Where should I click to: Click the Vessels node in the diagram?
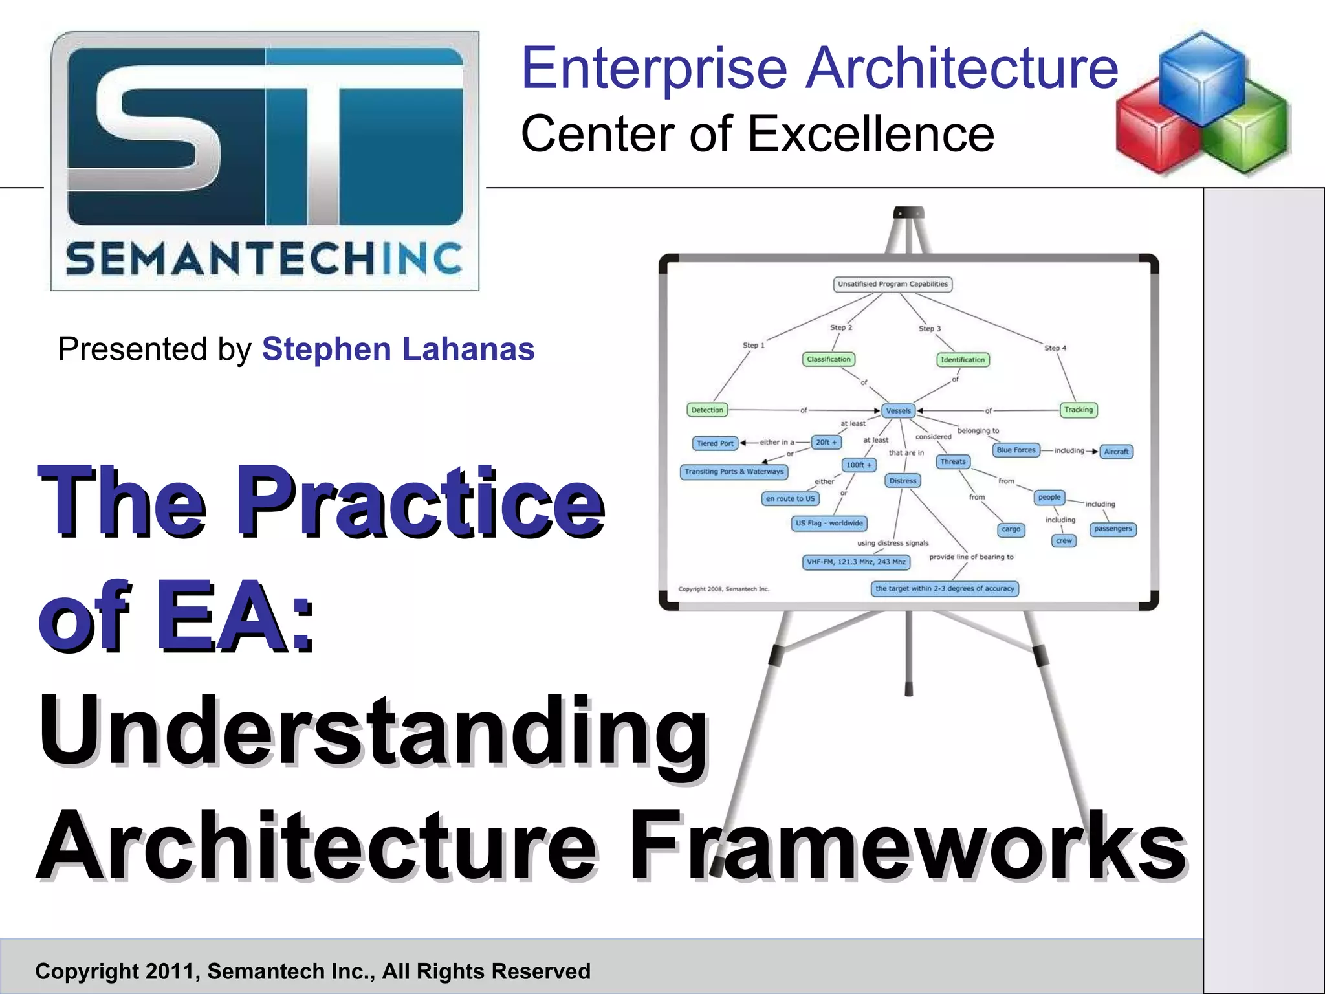(x=898, y=410)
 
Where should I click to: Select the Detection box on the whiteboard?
(x=706, y=410)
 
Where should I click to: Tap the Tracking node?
(x=1078, y=410)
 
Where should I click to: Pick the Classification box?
(x=828, y=359)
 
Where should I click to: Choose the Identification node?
(x=963, y=360)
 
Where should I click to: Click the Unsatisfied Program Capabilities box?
(x=892, y=284)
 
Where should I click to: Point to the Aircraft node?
(x=1116, y=452)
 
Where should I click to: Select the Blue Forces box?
(x=1016, y=450)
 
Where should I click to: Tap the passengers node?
(x=1113, y=529)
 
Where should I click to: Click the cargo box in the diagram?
(x=1011, y=529)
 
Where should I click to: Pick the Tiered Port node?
(x=715, y=443)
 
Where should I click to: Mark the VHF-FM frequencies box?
(x=856, y=562)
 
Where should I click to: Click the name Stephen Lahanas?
(x=398, y=349)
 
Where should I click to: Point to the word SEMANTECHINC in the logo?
(x=264, y=259)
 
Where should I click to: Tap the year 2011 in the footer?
(x=167, y=971)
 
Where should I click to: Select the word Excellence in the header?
(x=871, y=134)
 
